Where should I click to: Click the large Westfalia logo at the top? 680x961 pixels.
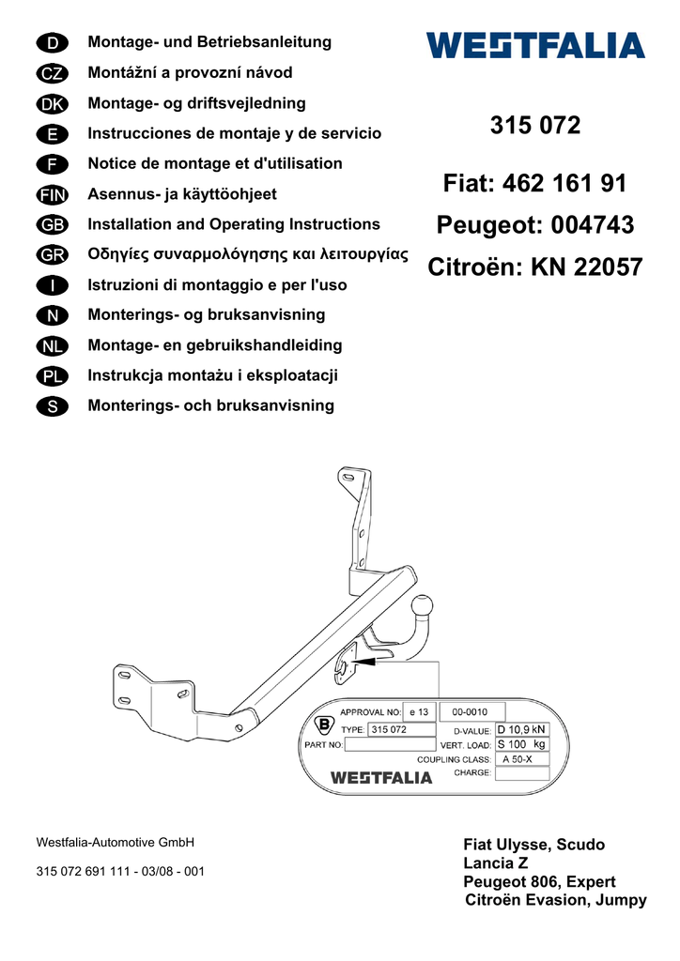pos(535,46)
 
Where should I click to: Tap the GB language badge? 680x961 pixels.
pos(52,225)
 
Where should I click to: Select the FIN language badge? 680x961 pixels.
pos(52,195)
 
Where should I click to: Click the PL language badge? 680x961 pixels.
pos(52,376)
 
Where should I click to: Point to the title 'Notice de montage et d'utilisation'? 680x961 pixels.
pos(215,163)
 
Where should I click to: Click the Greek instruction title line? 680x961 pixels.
pos(248,254)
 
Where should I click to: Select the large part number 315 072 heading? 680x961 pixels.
pos(535,125)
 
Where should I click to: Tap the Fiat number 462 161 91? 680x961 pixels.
pos(564,183)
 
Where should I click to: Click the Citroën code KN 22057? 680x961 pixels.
pos(587,267)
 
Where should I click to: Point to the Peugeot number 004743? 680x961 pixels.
pos(593,225)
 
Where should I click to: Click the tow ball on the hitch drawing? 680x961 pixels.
pos(422,607)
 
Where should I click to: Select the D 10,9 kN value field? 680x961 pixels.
pos(522,729)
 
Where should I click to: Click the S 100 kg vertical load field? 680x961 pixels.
pos(522,744)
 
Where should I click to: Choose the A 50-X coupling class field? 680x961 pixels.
pos(522,758)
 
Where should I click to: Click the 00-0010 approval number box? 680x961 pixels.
pos(472,711)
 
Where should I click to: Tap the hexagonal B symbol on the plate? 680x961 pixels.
pos(324,725)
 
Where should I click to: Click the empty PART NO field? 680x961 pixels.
pos(390,744)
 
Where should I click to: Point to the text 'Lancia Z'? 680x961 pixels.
pos(495,863)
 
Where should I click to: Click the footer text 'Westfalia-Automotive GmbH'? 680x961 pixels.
pos(116,842)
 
